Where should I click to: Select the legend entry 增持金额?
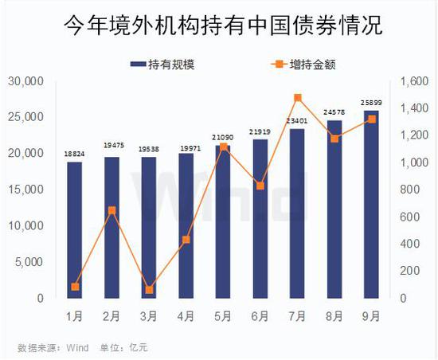pos(295,65)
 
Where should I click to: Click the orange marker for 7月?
pos(297,98)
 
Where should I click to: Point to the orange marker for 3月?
pos(149,290)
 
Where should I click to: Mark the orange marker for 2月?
pos(112,210)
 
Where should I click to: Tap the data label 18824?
pos(75,155)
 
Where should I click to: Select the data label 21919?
pos(260,131)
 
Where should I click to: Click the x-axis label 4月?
pos(186,316)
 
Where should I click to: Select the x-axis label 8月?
pos(334,316)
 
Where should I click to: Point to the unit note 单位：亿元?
pos(123,346)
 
